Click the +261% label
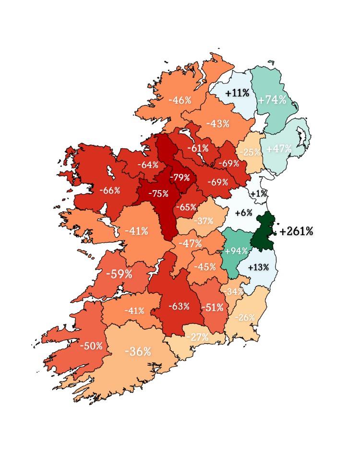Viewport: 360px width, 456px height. tap(296, 231)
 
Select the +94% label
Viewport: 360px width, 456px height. tap(236, 251)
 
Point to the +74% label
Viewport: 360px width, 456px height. tap(272, 100)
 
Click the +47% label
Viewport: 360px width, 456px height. tap(278, 148)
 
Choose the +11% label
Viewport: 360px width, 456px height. tap(237, 93)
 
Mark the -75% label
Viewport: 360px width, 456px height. tap(158, 193)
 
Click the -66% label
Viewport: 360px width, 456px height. tap(109, 190)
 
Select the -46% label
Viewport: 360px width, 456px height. tap(180, 100)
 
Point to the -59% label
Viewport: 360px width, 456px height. tap(119, 274)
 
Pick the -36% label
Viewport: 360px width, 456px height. tap(138, 351)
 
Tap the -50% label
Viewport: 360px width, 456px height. tap(91, 346)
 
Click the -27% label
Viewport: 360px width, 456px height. tap(197, 337)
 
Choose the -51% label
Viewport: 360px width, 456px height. tap(212, 307)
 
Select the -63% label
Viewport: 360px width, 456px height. tap(179, 306)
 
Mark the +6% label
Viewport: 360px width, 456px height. tap(243, 213)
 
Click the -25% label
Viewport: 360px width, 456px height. tap(250, 153)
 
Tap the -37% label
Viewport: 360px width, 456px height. tap(204, 221)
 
